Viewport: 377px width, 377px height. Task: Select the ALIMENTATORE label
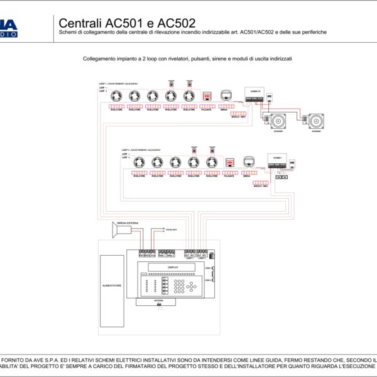112,286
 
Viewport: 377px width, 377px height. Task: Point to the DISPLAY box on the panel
173,268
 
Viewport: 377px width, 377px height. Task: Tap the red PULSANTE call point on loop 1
207,96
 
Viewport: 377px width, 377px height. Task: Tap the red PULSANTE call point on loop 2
230,163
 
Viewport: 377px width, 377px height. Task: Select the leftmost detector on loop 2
139,162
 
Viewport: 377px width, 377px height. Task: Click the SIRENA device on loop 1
226,96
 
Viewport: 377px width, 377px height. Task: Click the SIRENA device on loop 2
248,161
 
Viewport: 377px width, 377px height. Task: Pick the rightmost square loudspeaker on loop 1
316,119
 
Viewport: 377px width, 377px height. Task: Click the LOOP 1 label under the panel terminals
189,258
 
